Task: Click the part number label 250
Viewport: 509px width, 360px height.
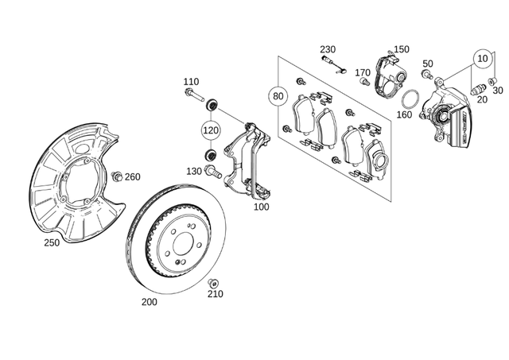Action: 52,242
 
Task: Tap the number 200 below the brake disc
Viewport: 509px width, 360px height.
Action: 149,302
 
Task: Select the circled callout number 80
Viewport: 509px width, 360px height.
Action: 278,96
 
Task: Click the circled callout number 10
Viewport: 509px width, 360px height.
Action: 482,58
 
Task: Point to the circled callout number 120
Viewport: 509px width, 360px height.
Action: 210,130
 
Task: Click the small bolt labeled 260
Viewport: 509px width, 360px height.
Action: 117,176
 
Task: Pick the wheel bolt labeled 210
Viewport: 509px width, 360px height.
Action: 213,283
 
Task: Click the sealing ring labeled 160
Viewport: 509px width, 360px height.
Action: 409,99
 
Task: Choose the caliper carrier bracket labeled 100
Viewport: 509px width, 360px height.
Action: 247,159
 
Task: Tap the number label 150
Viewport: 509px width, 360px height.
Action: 402,49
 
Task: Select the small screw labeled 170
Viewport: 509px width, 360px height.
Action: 366,81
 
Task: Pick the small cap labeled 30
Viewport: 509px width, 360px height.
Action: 492,81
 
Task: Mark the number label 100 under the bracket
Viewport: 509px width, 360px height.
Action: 260,207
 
